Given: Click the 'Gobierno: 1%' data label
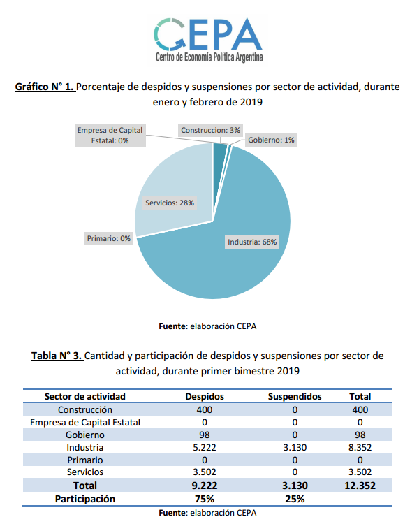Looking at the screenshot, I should [271, 140].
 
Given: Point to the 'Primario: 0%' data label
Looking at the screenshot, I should [109, 238].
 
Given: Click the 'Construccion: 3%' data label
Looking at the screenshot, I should [210, 130].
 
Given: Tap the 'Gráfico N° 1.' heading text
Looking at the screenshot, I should [45, 87].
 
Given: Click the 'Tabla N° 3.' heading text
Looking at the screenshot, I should [57, 356].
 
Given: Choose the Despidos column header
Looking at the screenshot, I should [205, 396].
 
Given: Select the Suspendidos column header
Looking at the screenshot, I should [295, 396].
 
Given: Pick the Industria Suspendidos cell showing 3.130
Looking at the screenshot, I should [295, 447].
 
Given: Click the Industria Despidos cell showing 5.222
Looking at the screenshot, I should [205, 447].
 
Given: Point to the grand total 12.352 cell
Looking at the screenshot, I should [360, 485].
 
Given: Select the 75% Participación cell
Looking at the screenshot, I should [205, 499].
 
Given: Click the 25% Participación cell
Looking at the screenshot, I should [295, 499].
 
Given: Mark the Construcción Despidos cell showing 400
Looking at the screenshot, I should [205, 409].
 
